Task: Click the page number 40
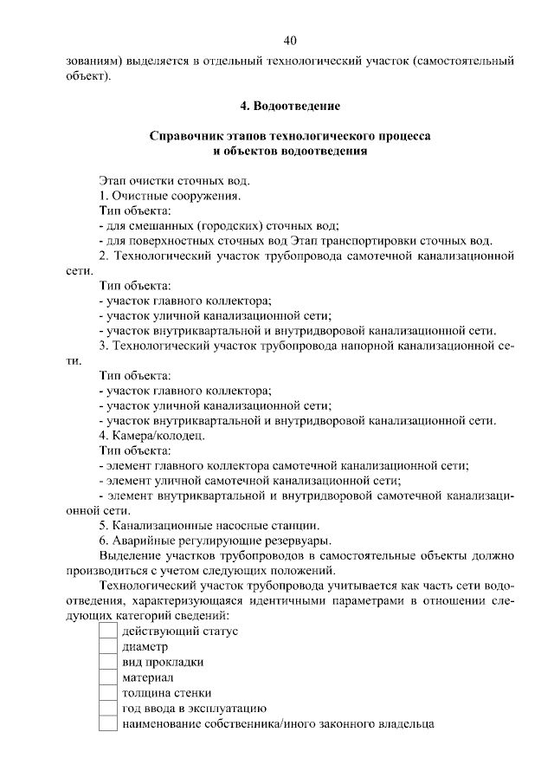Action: [290, 41]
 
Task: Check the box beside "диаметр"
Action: [107, 647]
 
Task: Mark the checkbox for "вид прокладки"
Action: [107, 663]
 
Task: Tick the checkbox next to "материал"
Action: [107, 677]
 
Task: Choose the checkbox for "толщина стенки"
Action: [107, 693]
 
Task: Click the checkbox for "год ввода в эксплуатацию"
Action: [107, 709]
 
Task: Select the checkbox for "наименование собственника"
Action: [107, 723]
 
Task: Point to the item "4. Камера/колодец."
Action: [152, 435]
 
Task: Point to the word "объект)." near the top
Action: [88, 76]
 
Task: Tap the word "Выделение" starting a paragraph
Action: [131, 555]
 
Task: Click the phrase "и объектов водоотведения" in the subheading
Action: [290, 152]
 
